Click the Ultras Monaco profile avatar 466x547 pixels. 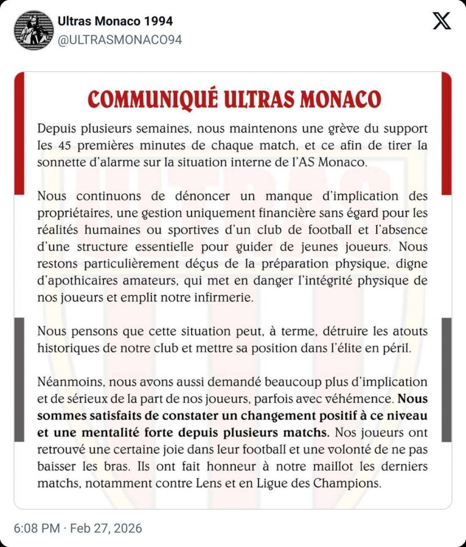[34, 30]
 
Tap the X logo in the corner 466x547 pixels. [442, 22]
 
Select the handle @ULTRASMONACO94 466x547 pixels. [120, 40]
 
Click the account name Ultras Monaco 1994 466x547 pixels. [115, 22]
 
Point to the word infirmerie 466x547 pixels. [223, 297]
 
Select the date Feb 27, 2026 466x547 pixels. [106, 529]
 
